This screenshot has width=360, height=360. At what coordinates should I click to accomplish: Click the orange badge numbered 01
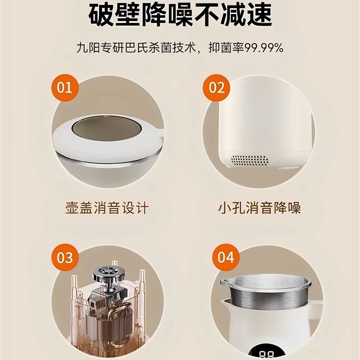65,87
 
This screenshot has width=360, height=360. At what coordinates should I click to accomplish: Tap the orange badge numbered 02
216,87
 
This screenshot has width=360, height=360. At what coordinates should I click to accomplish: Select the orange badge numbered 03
65,258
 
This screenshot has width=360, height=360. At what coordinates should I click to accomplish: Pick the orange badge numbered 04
225,258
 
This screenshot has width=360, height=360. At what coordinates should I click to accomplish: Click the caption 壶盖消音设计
107,208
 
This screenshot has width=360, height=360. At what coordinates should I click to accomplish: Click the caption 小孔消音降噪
259,208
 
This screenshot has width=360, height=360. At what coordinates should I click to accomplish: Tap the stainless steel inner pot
265,297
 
